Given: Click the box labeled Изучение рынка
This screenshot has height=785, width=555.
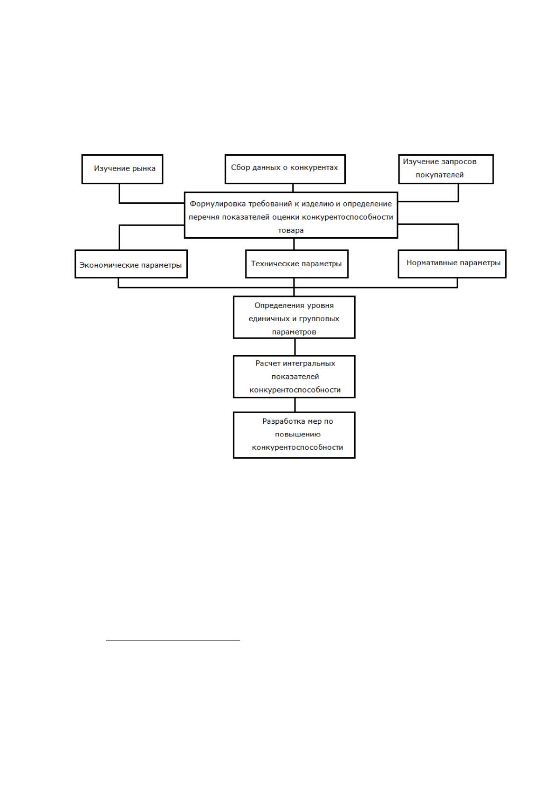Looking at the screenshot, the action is coord(122,169).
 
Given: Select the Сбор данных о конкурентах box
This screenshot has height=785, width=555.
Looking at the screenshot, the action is coord(285,169).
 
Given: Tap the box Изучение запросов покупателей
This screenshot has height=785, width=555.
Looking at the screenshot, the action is coord(445,169).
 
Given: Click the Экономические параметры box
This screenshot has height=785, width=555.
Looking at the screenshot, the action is coord(131,264).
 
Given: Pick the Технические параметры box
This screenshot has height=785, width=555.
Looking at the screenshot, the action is coord(297,264).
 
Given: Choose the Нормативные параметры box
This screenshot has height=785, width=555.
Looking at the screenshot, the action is coord(452,264).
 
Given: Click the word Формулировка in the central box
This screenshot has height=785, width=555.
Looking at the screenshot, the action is coord(218,204).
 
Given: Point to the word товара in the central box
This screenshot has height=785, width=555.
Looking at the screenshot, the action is coord(290,231).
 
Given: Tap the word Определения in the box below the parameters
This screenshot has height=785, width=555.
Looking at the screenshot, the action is coord(276,306).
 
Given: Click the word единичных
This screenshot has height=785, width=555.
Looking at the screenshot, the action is coord(269,319).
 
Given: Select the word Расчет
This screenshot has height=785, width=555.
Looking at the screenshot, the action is coord(267,364).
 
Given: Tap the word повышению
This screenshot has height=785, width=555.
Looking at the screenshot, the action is coord(297,434).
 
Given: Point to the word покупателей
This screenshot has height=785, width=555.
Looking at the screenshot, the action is coord(439,175).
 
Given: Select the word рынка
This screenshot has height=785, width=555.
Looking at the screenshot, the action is coord(144,169).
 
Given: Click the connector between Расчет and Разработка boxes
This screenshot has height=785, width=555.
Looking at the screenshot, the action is coord(295,405).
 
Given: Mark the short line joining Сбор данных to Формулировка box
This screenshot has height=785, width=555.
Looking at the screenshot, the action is coord(293,188).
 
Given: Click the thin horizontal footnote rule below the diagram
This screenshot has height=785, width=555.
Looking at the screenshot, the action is coord(173,640).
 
